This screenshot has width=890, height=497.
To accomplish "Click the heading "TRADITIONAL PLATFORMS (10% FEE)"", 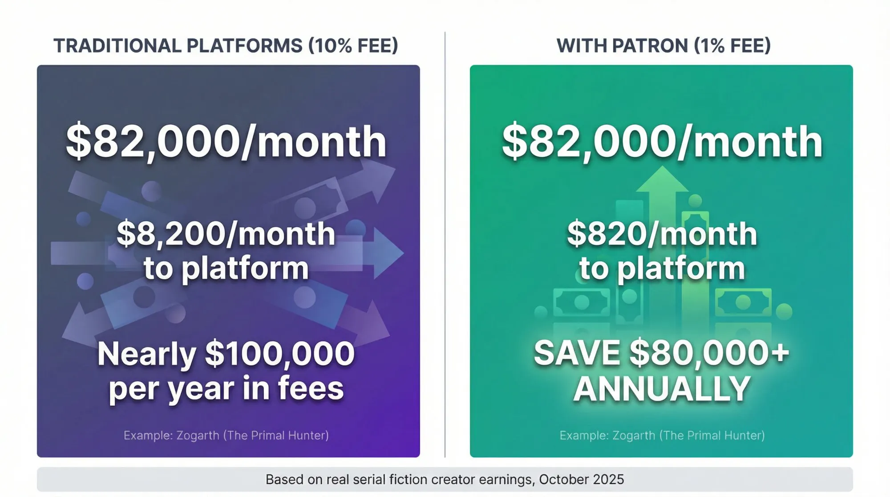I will pos(226,46).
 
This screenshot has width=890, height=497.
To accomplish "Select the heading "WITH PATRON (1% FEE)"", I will pos(663,46).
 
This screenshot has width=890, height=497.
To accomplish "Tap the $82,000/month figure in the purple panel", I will pos(226,142).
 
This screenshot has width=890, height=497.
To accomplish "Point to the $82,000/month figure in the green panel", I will pos(662,142).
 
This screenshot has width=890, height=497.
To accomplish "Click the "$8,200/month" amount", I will pos(226,234).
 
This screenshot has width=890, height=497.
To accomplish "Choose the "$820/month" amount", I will pos(662,234).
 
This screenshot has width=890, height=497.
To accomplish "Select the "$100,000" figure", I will pos(279,354).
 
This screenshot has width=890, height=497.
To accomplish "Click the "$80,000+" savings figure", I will pos(709,353).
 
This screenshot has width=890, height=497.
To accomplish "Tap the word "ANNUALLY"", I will pos(662,389).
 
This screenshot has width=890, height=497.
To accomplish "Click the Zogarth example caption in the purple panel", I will pos(226,435).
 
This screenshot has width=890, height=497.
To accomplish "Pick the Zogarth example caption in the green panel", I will pos(662,435).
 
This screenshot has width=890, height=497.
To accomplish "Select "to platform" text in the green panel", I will pos(662,269).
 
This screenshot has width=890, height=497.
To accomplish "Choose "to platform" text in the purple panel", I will pos(226,269).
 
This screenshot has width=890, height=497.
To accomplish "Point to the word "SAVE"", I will pos(577,353).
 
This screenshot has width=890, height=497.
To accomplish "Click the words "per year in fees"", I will pos(226,389).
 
